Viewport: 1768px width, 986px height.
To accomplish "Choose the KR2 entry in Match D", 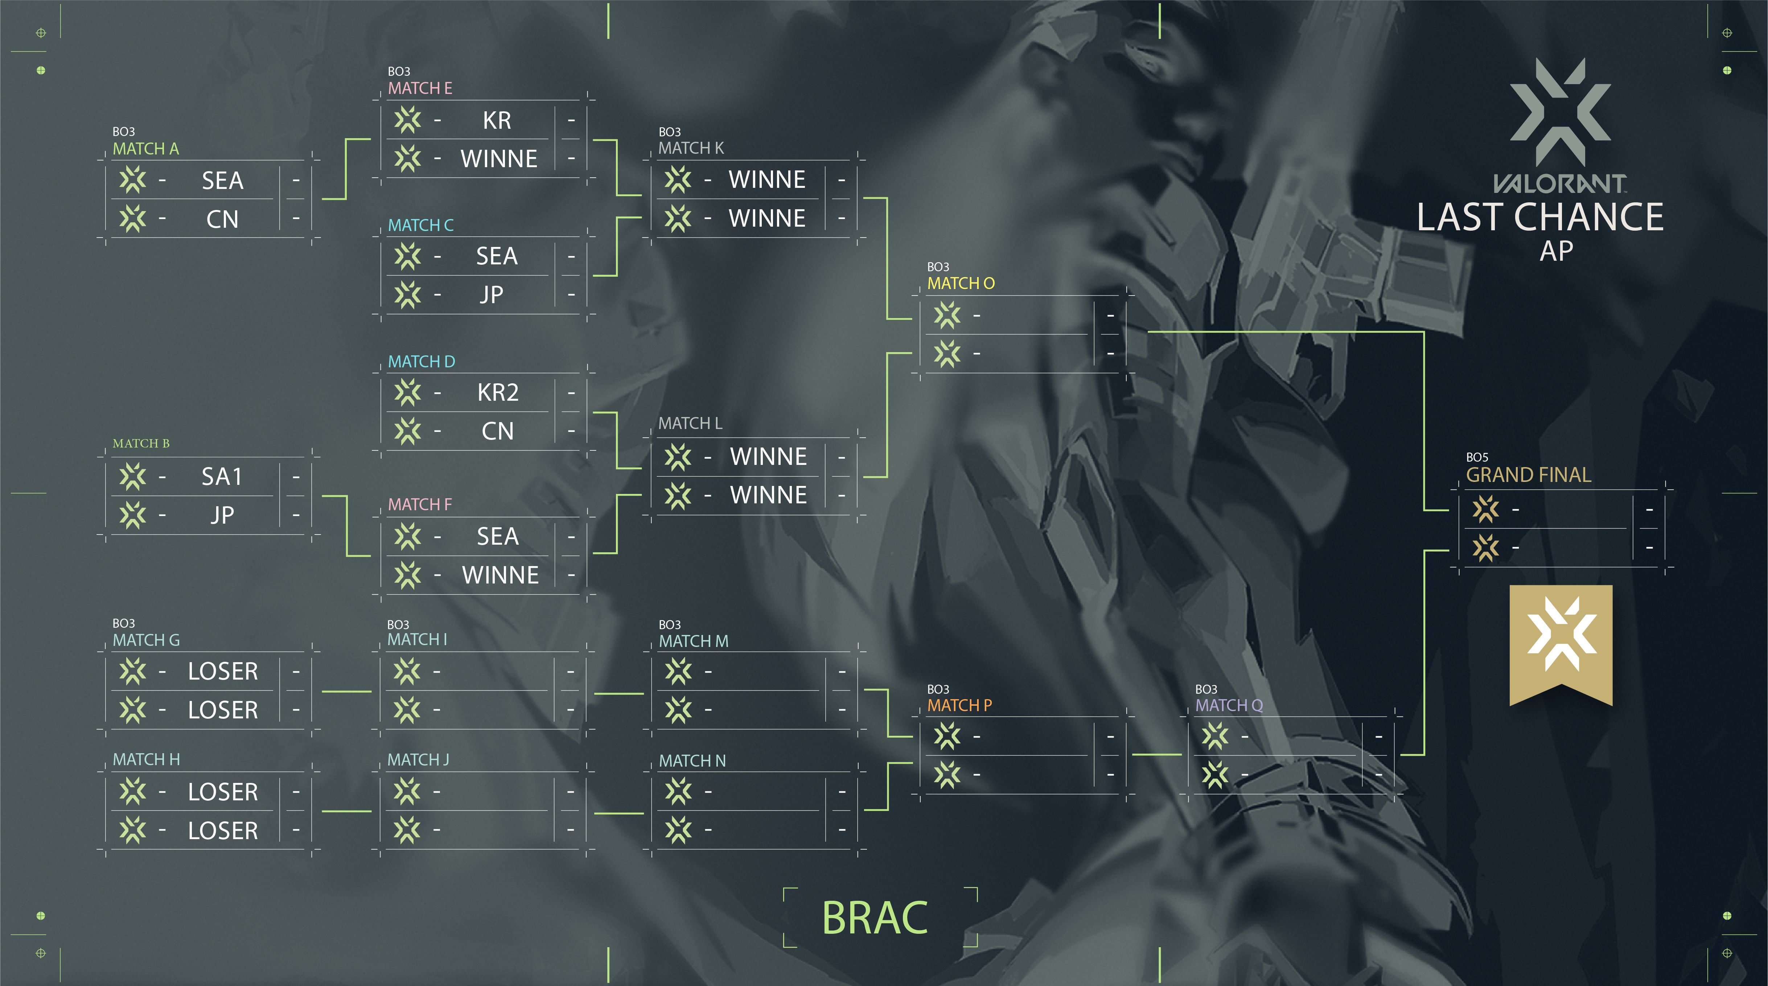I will [x=498, y=392].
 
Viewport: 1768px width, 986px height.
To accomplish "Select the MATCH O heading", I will [x=960, y=283].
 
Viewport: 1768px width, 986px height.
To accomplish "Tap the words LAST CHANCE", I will [x=1540, y=218].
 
